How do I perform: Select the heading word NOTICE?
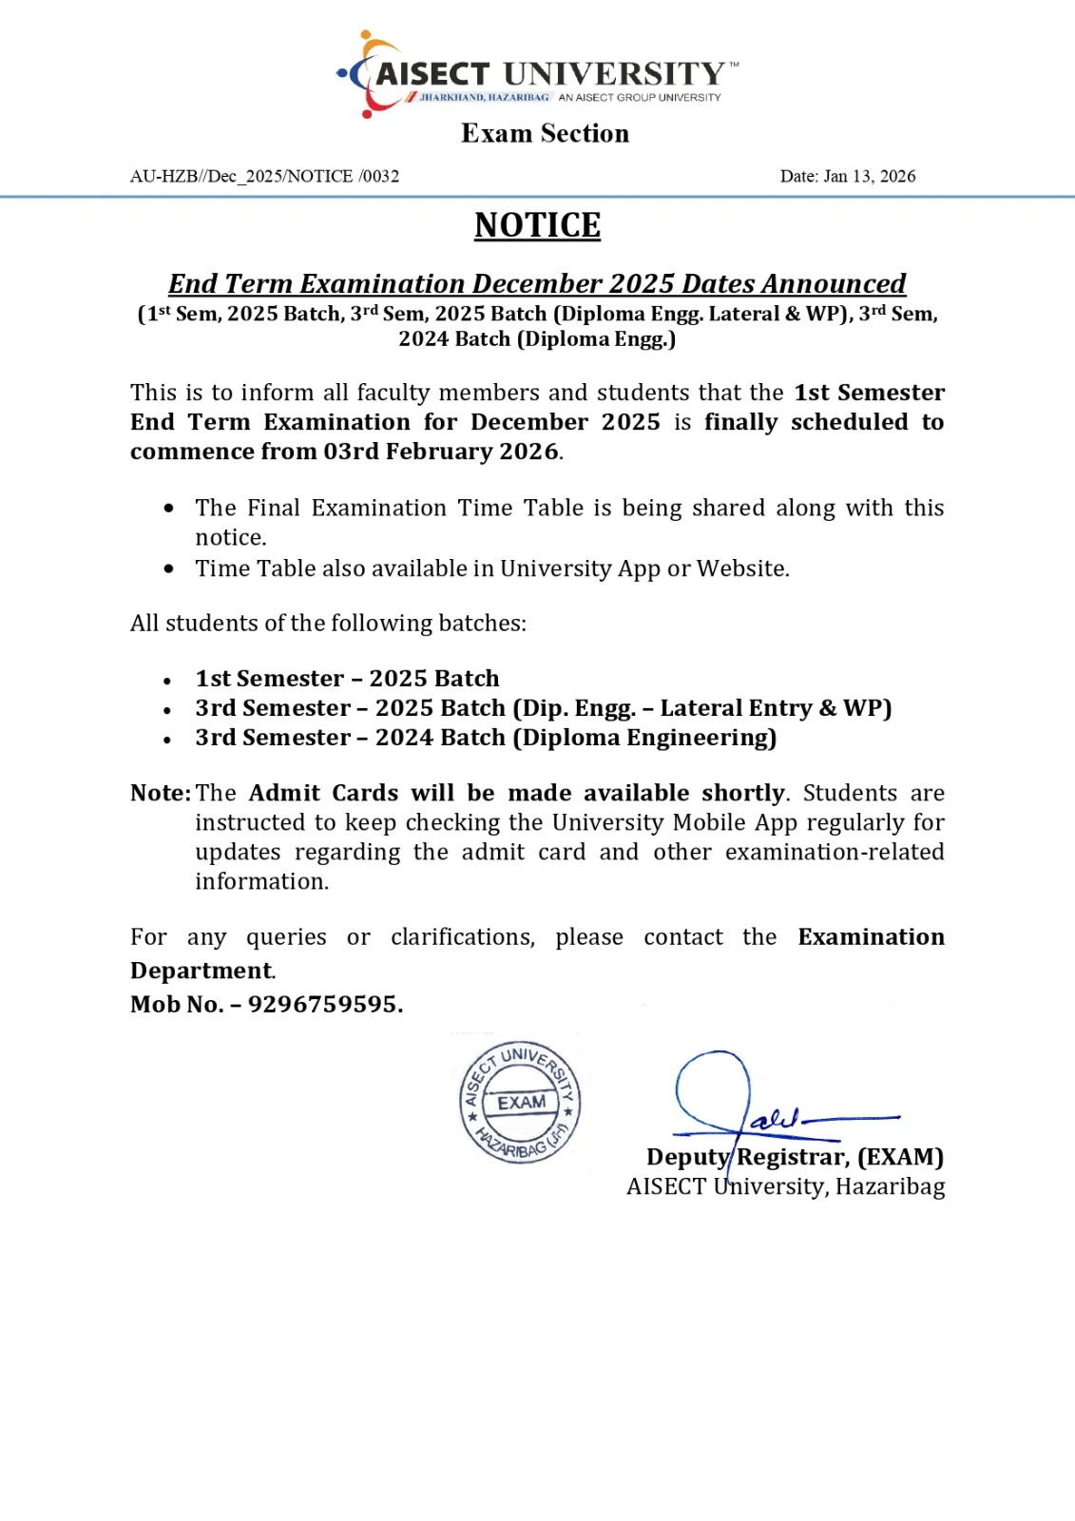[x=537, y=225]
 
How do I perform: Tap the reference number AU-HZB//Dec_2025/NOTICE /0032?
[x=264, y=176]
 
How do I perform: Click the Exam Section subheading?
[x=545, y=133]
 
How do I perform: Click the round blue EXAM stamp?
[x=520, y=1103]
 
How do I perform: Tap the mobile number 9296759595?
[x=325, y=1004]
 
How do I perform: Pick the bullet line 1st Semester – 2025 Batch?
[x=347, y=679]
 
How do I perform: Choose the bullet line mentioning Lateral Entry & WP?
[x=543, y=708]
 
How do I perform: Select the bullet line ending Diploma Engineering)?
[x=486, y=738]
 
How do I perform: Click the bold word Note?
[x=161, y=793]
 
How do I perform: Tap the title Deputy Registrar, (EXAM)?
[x=795, y=1157]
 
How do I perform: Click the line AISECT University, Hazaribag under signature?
[x=785, y=1186]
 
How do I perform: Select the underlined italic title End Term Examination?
[x=537, y=283]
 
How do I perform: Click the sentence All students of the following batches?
[x=328, y=624]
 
